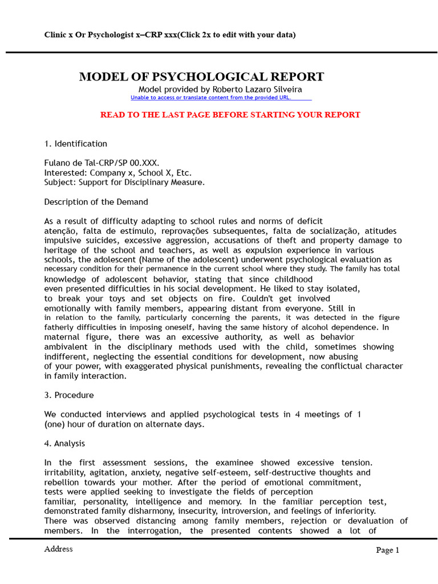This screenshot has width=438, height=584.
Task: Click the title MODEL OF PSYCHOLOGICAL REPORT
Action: [x=201, y=77]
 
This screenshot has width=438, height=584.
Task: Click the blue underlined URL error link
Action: [x=210, y=98]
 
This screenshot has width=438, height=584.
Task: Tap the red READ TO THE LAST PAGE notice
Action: [x=230, y=115]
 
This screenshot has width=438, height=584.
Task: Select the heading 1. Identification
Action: [x=75, y=144]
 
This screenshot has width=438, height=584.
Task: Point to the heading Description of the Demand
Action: [x=96, y=202]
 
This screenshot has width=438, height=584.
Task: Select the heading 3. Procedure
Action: [x=69, y=395]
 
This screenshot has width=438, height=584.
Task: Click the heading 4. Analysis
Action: [x=64, y=443]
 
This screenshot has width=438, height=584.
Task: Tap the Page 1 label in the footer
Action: [x=387, y=550]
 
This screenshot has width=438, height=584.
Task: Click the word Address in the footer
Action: [x=58, y=549]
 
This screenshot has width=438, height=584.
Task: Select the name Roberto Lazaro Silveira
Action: [x=257, y=90]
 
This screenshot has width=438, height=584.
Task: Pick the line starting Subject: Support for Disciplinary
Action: [x=124, y=182]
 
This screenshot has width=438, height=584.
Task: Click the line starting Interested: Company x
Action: [x=118, y=173]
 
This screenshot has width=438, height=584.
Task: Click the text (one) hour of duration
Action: [x=123, y=424]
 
